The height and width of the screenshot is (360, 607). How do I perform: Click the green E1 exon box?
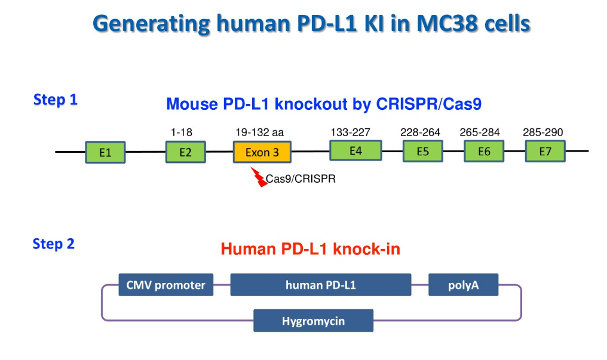pyautogui.click(x=105, y=152)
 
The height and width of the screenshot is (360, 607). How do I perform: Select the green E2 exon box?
pyautogui.click(x=185, y=152)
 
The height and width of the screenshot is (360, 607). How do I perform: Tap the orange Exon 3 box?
pyautogui.click(x=262, y=152)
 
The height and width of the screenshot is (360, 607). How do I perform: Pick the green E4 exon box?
pyautogui.click(x=355, y=150)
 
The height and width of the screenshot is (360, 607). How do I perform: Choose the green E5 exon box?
pyautogui.click(x=423, y=151)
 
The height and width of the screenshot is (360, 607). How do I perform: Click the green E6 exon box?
pyautogui.click(x=484, y=151)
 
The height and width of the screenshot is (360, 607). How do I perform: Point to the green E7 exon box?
pyautogui.click(x=545, y=151)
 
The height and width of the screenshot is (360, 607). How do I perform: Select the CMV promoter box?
pyautogui.click(x=165, y=285)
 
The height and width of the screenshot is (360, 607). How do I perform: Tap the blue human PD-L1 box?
pyautogui.click(x=320, y=285)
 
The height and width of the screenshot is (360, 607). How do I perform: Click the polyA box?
pyautogui.click(x=463, y=285)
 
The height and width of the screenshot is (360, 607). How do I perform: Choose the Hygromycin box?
pyautogui.click(x=313, y=321)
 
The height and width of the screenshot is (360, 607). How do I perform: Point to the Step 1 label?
pyautogui.click(x=56, y=100)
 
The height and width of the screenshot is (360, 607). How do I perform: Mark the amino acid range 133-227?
pyautogui.click(x=350, y=132)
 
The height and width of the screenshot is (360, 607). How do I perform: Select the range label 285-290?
pyautogui.click(x=542, y=132)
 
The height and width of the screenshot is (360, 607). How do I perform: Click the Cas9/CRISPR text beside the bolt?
pyautogui.click(x=301, y=178)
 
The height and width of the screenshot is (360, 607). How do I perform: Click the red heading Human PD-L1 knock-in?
pyautogui.click(x=310, y=248)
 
